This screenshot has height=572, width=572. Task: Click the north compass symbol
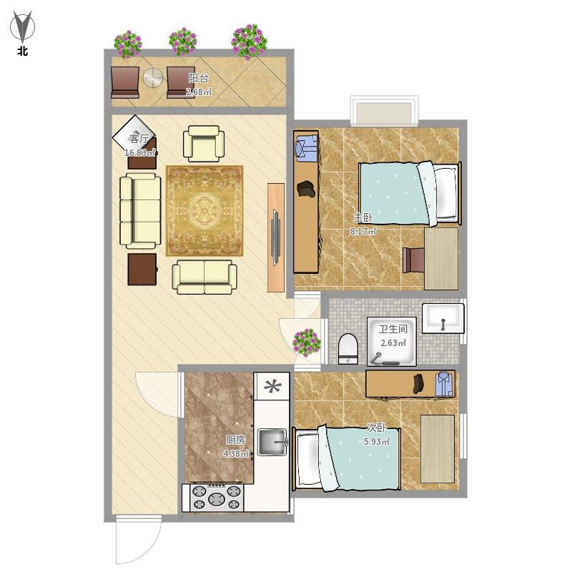22,26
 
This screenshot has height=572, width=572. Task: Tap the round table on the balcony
152,78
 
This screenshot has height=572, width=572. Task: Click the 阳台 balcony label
199,78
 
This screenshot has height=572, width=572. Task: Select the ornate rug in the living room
204,211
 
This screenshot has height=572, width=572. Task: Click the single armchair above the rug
204,144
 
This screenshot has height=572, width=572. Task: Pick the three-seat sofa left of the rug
140,211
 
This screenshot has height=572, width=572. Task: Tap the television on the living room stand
276,237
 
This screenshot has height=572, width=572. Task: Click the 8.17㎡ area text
363,231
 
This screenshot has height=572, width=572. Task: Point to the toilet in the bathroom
347,349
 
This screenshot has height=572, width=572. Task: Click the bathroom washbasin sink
443,318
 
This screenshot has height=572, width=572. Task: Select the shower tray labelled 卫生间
391,342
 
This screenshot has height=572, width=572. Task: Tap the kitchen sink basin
272,442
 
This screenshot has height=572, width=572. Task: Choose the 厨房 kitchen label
235,440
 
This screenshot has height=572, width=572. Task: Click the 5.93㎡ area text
377,442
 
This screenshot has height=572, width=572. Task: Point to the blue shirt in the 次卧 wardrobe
444,384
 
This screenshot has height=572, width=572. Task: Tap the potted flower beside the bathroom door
307,342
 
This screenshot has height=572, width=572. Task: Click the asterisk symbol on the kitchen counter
272,386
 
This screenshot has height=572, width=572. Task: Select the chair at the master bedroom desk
413,260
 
